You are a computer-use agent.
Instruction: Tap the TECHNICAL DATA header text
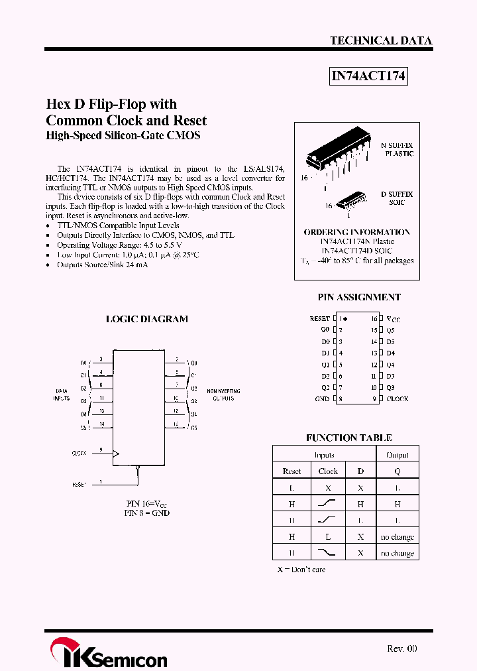381,41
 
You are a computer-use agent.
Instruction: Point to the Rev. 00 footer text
401,648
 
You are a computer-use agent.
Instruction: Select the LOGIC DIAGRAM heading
147,319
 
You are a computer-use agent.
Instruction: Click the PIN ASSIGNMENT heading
359,298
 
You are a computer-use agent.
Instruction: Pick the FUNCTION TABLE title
349,438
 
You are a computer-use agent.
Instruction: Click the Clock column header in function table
328,471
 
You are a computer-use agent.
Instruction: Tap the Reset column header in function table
291,471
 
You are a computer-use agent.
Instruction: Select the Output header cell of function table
397,456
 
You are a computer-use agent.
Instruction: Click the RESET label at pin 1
319,319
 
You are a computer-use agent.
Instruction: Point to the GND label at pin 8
322,398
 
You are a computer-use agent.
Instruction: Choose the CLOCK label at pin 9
397,398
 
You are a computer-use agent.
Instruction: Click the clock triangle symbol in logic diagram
117,454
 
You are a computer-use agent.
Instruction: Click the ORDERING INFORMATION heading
357,232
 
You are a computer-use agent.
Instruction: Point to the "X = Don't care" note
301,570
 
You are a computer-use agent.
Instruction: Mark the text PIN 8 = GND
147,513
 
